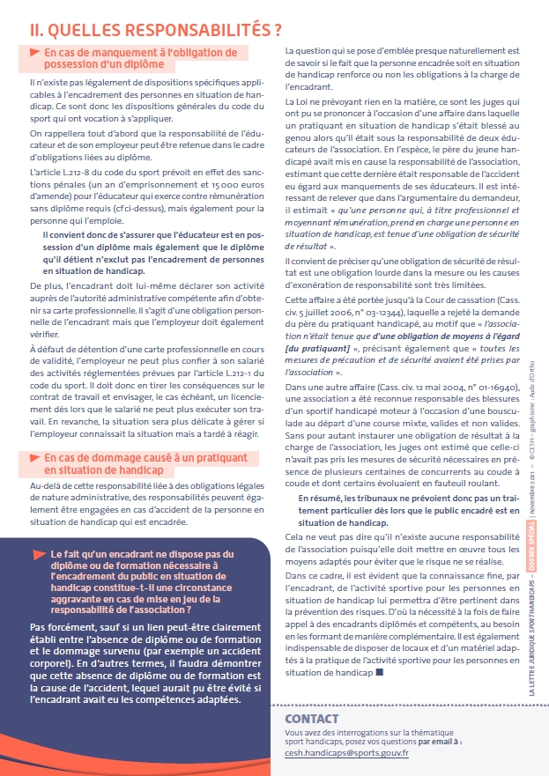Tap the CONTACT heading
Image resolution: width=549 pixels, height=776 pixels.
(x=312, y=720)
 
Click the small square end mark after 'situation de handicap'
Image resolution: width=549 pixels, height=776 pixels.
(x=379, y=672)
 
